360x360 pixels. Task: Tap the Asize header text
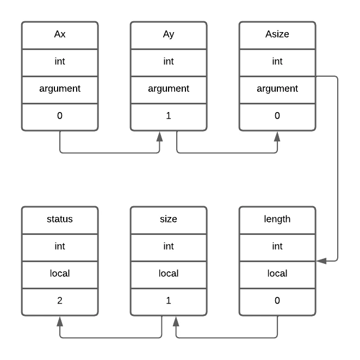(x=277, y=34)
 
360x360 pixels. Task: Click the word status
(x=60, y=219)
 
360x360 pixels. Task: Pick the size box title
(x=169, y=219)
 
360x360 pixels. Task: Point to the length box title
(x=277, y=219)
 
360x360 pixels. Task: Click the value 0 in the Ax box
(x=60, y=115)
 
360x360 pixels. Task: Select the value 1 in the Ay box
(x=169, y=115)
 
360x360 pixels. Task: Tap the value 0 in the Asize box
(x=277, y=115)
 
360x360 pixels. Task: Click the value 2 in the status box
(x=60, y=300)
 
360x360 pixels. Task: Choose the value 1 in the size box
(x=169, y=300)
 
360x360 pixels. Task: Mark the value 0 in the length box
(x=277, y=300)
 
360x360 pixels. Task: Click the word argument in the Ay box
(x=169, y=89)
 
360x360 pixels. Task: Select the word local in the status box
(x=60, y=273)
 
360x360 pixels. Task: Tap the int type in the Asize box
(x=277, y=61)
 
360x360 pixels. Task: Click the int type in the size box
(x=169, y=246)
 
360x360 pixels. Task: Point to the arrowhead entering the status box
(x=60, y=321)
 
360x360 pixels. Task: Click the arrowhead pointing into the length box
(x=321, y=261)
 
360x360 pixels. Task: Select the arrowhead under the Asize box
(x=277, y=136)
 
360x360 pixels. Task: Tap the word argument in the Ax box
(x=60, y=89)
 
